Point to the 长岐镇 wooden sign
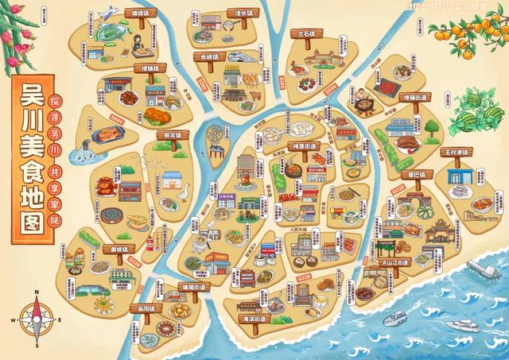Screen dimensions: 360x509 coord(210,57)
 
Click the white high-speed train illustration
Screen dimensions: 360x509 coord(238,55)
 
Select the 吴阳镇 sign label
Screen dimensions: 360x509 coord(144,306)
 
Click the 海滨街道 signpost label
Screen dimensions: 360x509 coord(254,317)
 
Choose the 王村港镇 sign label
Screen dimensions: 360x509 coord(458,151)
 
